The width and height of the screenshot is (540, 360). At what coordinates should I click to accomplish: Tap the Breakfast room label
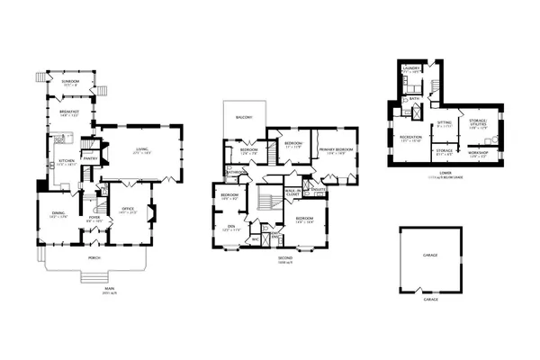point(70,113)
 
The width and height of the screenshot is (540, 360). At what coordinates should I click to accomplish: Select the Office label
point(126,210)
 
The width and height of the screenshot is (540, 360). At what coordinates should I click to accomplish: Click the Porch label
point(93,257)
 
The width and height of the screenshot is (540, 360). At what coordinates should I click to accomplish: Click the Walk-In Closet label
point(292,192)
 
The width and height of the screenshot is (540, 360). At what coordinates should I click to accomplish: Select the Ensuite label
point(318,189)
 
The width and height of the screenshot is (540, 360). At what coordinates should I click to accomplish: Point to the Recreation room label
point(410,137)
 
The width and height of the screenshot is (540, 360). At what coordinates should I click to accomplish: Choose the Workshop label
point(477,154)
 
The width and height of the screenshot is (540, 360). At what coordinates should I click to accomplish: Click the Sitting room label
point(445,122)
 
